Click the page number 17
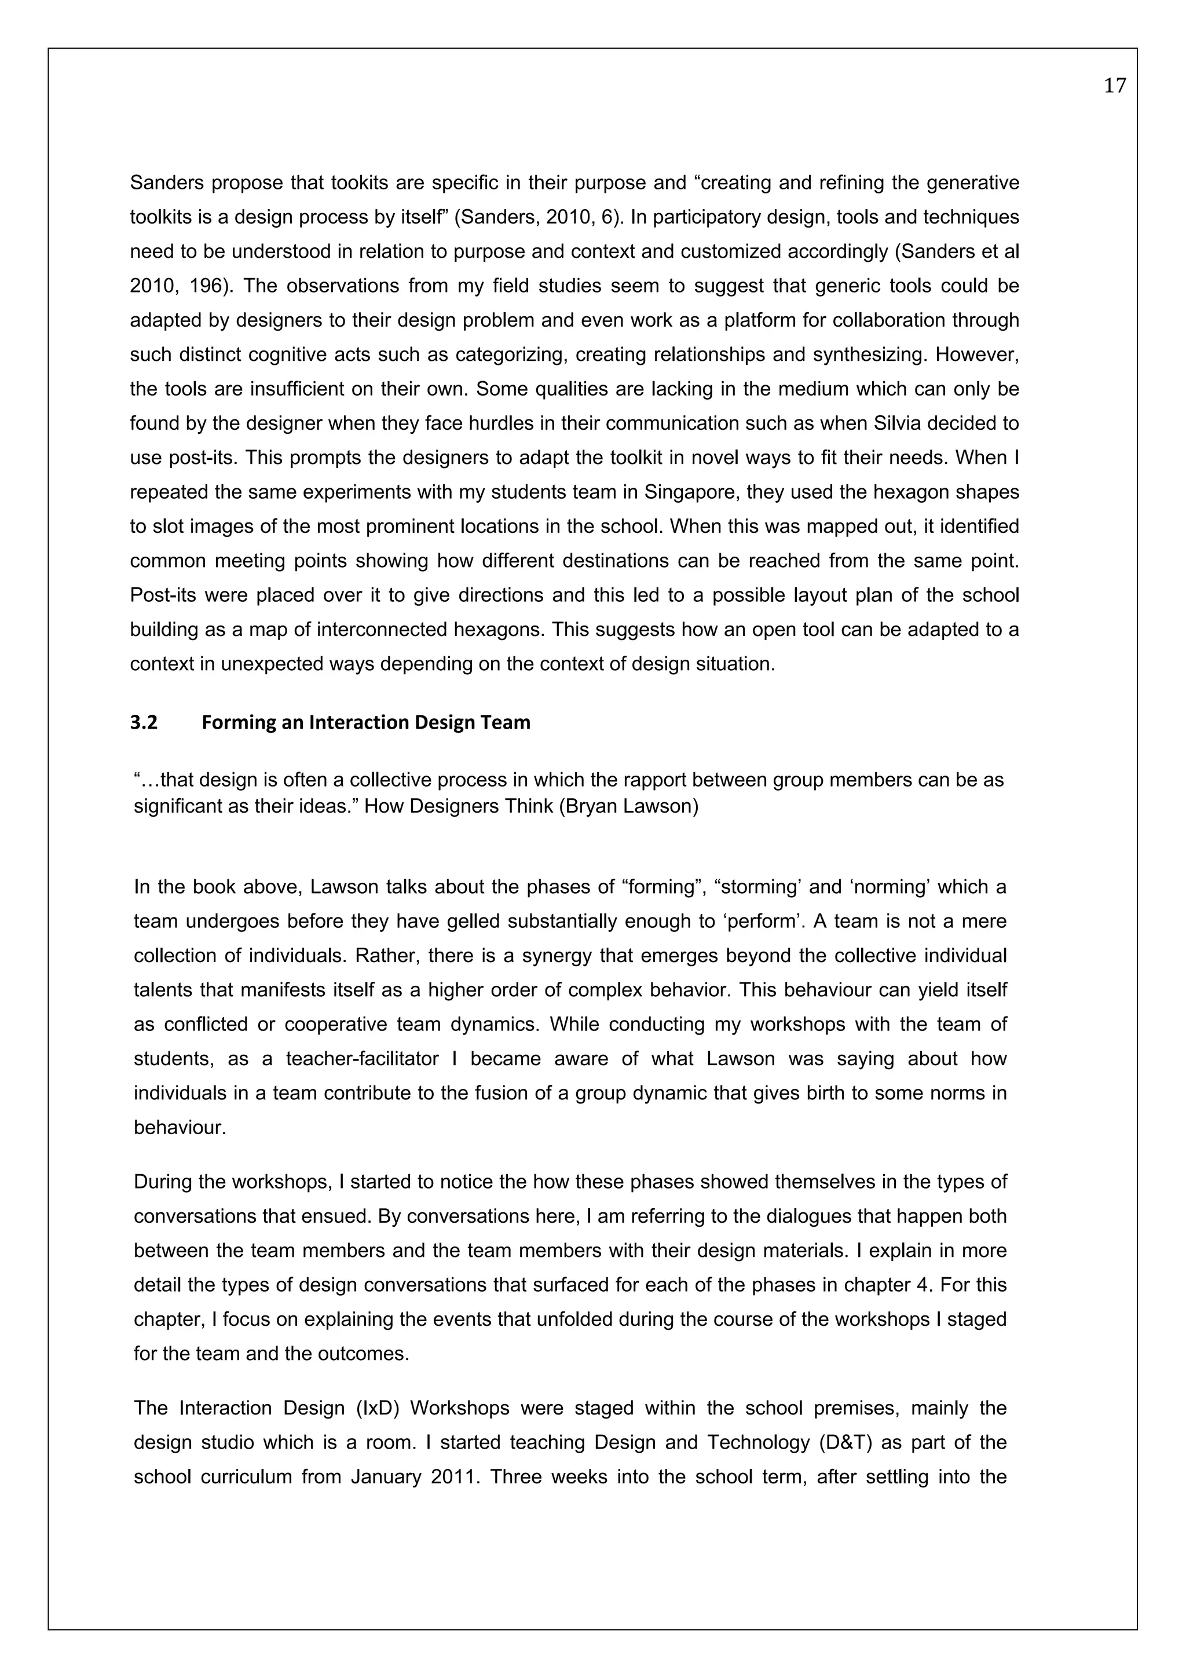[x=1114, y=86]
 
